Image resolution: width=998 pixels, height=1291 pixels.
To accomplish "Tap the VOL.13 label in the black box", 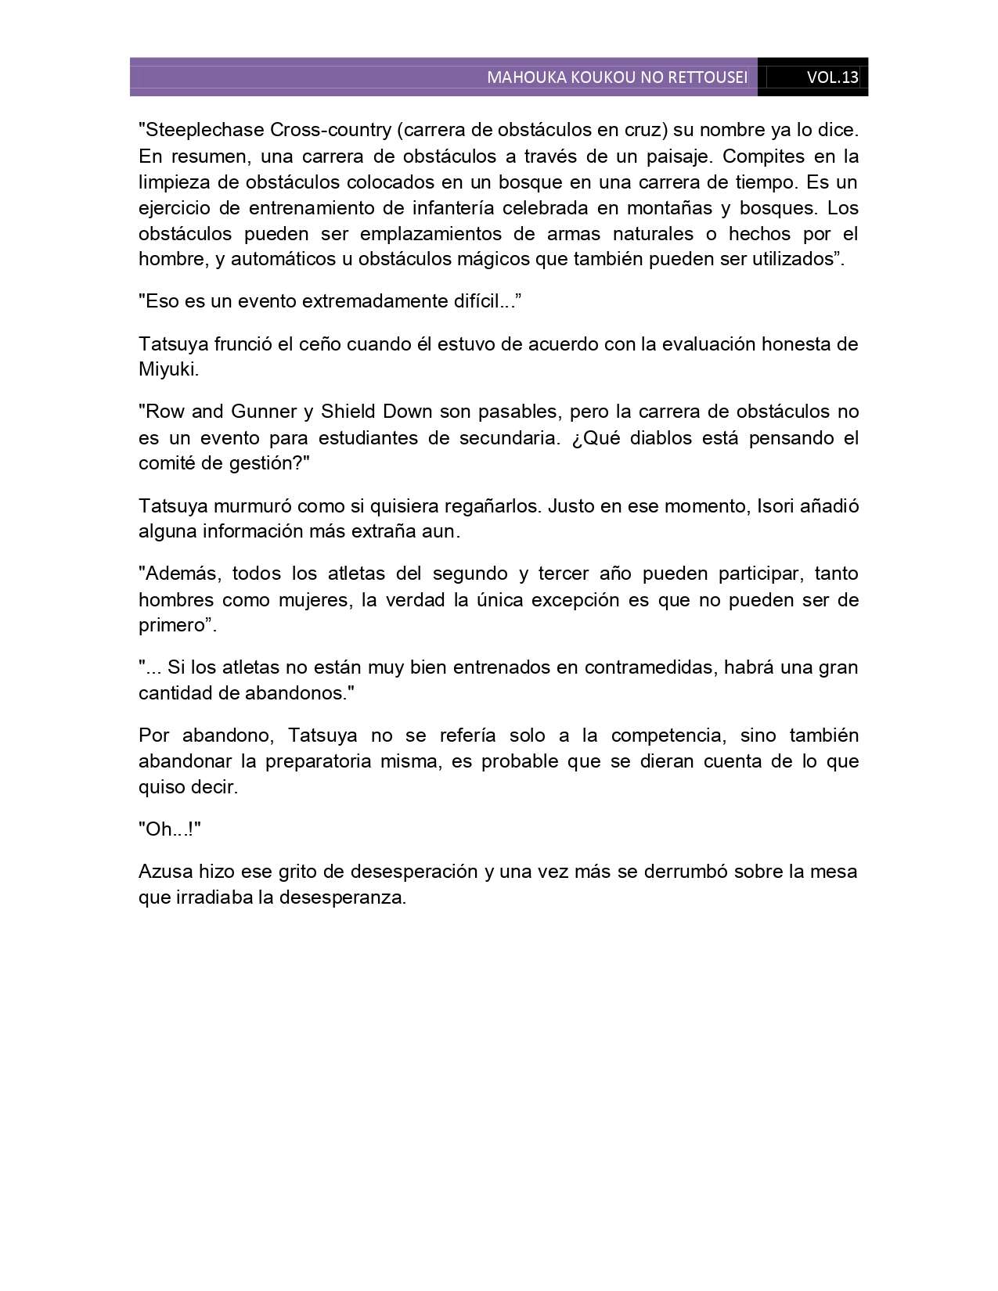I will click(833, 77).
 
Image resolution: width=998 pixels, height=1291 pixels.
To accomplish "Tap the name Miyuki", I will click(168, 370).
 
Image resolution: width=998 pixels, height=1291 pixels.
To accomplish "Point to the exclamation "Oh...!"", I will click(170, 829).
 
